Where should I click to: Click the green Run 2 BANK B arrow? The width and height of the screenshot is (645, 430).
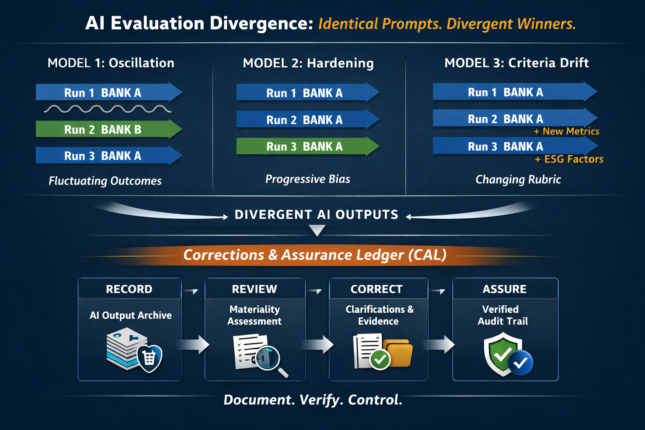point(108,129)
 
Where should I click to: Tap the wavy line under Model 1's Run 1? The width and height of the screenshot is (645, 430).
point(107,109)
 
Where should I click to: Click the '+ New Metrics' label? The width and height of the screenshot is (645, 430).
point(566,131)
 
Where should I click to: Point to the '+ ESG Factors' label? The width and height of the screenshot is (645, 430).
point(569,159)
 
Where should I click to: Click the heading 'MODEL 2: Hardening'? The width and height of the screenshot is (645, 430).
point(308,63)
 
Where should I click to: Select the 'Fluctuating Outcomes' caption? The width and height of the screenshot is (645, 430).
point(105,181)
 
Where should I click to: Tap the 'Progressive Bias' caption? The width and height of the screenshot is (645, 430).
point(308,179)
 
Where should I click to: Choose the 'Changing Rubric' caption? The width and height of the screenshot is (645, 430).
point(518,180)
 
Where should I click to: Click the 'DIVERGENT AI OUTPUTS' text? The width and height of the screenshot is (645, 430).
point(317,215)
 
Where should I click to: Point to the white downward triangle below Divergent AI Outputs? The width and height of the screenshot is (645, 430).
point(317,230)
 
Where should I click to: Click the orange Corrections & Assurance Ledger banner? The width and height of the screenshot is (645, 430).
point(315,255)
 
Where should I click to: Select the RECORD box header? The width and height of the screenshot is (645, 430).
point(129,289)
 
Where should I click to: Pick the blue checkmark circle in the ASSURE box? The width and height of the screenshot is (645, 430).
point(521,363)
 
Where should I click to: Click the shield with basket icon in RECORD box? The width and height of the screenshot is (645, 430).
point(149,358)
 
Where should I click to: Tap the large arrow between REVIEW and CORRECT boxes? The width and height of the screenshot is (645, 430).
point(317,345)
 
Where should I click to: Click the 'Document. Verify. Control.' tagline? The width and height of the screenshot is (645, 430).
point(313,400)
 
